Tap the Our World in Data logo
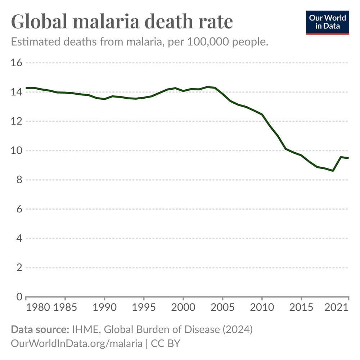[328, 22]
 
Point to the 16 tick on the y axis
[17, 63]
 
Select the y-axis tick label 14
[17, 92]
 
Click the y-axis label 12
[17, 121]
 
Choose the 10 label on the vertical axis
[17, 150]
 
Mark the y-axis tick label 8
[19, 180]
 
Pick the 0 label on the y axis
[19, 297]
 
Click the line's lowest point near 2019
[333, 171]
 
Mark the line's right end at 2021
[348, 158]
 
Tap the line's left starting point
[26, 88]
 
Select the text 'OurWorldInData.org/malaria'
[77, 343]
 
